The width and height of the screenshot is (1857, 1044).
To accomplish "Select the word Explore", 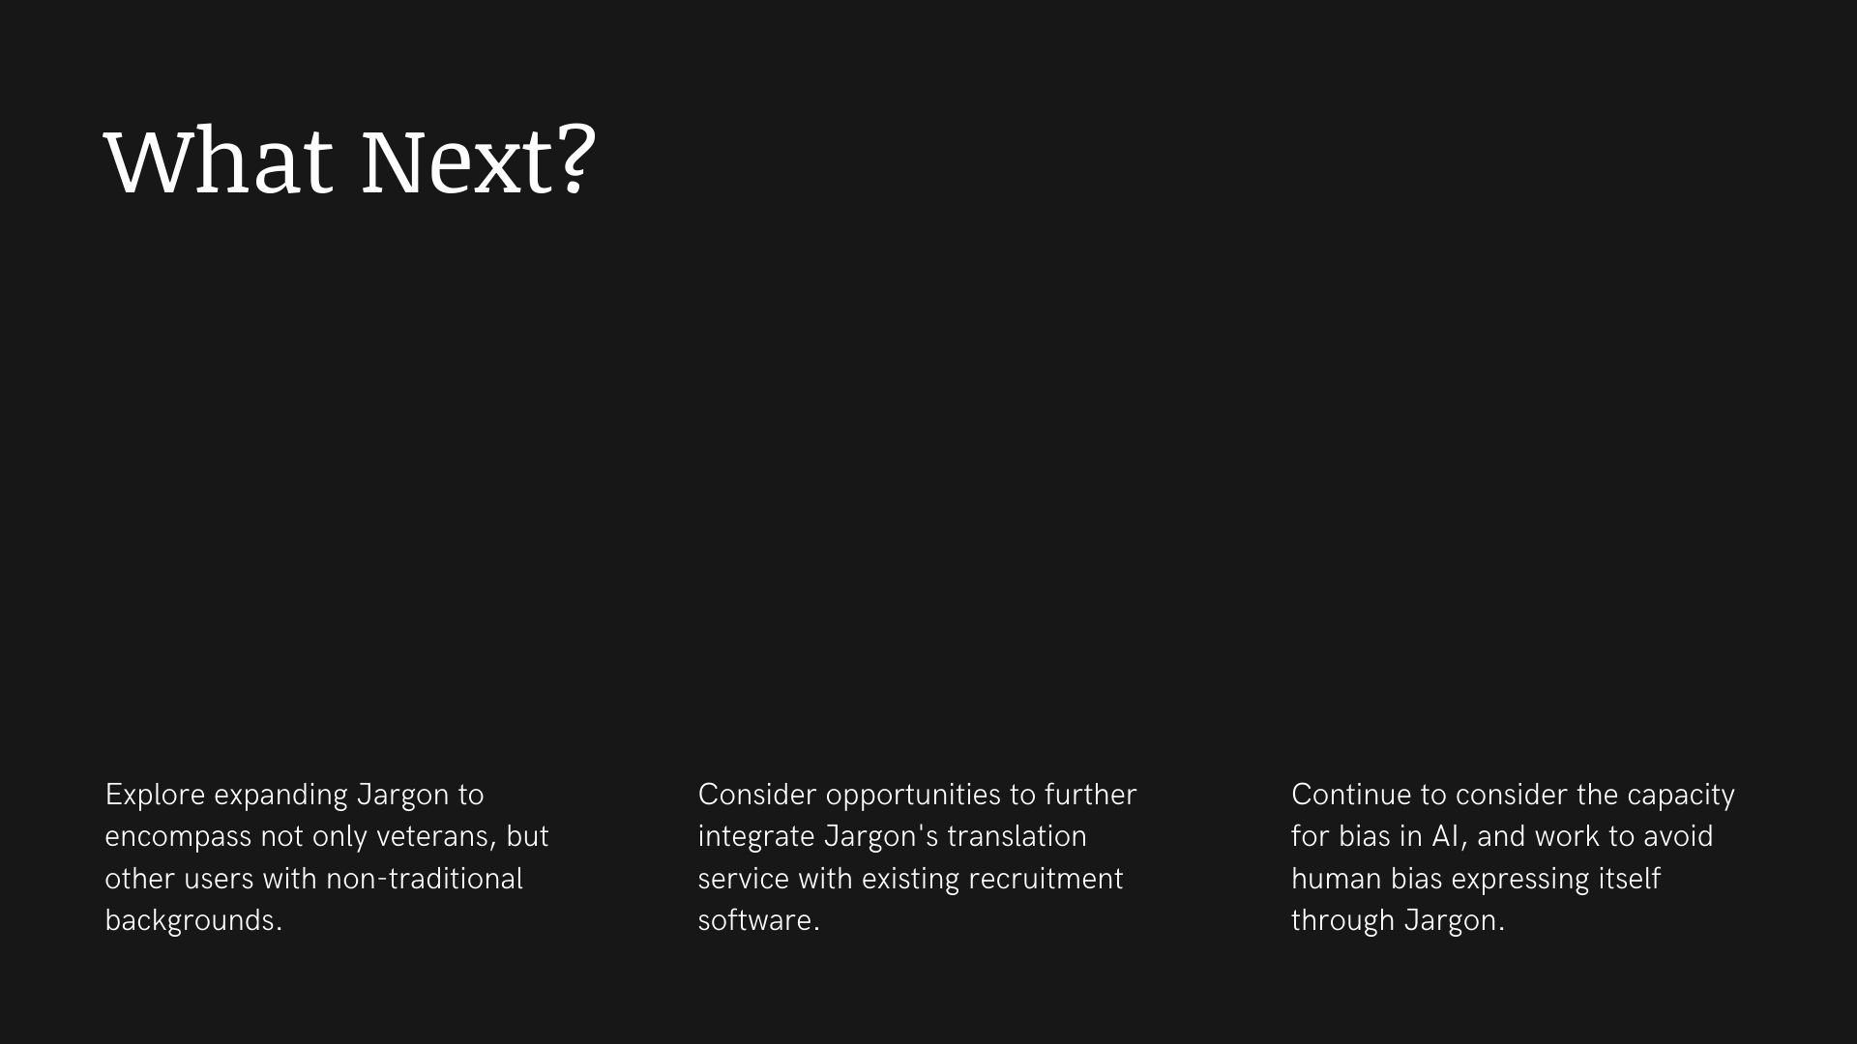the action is [155, 795].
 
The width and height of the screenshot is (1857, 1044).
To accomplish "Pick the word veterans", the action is [437, 836].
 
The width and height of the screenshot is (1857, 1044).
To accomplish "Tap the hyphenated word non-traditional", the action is [424, 879].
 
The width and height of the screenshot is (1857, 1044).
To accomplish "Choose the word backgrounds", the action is [193, 921].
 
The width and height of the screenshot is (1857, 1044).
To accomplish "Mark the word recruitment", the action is [1046, 879].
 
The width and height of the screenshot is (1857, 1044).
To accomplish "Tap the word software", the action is [758, 920].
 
